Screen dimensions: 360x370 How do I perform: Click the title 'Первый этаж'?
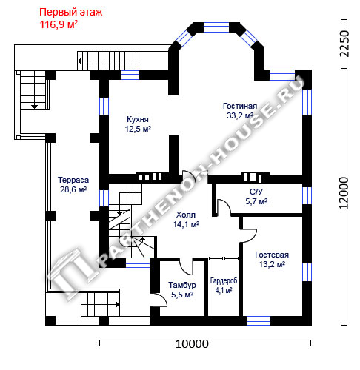(70, 13)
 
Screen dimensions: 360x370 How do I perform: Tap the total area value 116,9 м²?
(59, 24)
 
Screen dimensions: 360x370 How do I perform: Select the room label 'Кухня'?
(138, 119)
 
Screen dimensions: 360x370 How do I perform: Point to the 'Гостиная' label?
(240, 106)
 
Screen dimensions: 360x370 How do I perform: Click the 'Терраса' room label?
(73, 180)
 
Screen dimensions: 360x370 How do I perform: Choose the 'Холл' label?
(186, 215)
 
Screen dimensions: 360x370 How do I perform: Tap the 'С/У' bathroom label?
(256, 192)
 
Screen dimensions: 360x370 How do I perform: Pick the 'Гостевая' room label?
(272, 255)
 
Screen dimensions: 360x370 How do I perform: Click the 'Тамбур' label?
(182, 285)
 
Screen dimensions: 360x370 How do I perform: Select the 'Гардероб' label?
(224, 280)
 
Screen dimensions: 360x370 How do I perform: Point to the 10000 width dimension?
(192, 343)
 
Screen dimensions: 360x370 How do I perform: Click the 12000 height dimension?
(344, 193)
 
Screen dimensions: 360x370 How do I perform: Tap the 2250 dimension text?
(344, 44)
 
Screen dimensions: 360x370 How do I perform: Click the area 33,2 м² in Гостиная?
(240, 115)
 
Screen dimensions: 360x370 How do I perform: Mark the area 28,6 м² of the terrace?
(73, 189)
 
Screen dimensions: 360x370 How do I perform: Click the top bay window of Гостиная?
(216, 27)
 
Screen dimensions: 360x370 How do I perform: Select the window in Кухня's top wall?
(130, 75)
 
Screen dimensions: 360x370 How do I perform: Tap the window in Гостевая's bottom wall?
(259, 320)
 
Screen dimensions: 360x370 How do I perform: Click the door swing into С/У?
(224, 207)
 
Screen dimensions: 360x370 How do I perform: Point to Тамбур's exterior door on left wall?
(159, 300)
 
